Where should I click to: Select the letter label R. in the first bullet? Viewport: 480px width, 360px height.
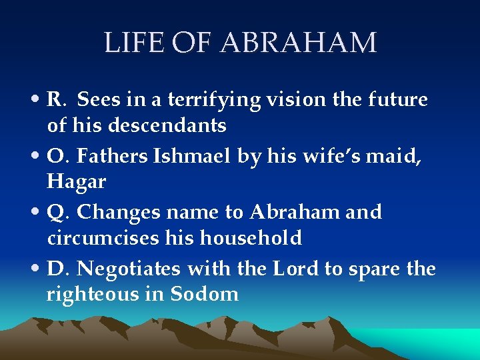pyautogui.click(x=57, y=100)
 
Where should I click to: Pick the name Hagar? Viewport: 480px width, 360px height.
pyautogui.click(x=77, y=181)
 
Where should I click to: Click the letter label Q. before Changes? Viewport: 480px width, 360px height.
pyautogui.click(x=59, y=213)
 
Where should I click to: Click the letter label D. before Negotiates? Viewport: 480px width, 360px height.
pyautogui.click(x=59, y=269)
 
